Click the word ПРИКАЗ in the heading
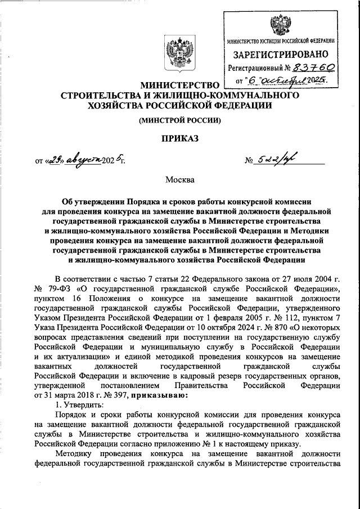180,137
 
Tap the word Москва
179,180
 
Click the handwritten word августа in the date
82,160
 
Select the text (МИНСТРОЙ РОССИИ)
180,120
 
